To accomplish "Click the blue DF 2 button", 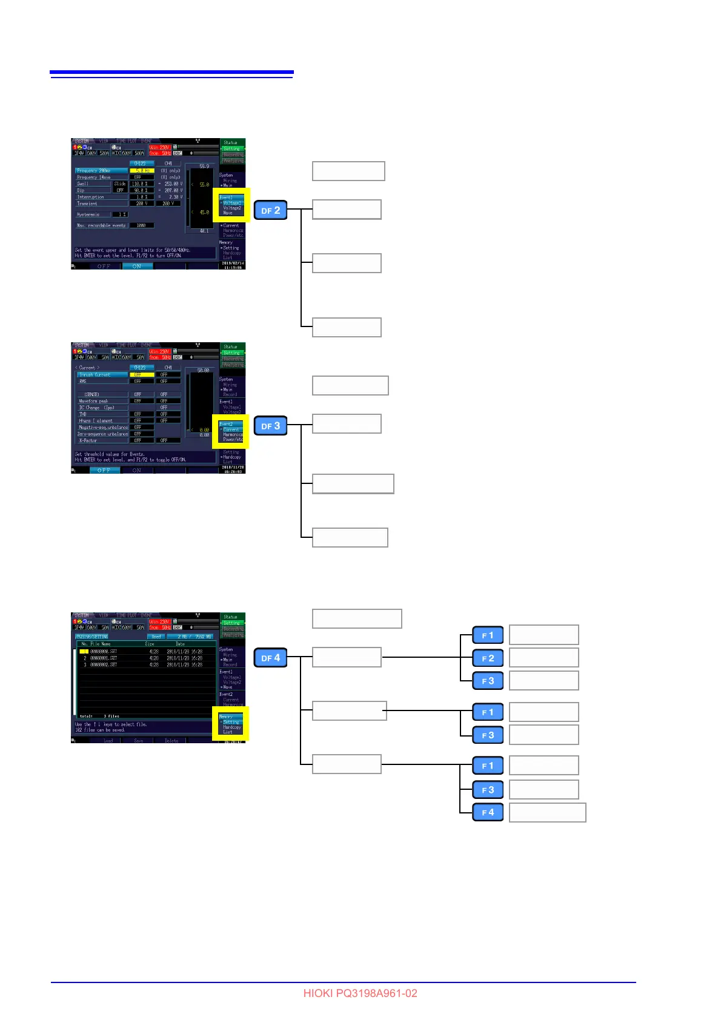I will (270, 210).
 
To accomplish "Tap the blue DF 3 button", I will (270, 426).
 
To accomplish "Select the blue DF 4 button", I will (270, 657).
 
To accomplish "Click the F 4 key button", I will (488, 812).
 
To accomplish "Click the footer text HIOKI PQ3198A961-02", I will (360, 993).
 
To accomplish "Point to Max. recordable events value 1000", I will (141, 225).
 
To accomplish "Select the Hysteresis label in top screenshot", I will (88, 214).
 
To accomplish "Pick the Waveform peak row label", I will (93, 401).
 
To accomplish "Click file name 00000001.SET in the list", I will (104, 658).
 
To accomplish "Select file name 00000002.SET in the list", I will (104, 664).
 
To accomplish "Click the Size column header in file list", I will (150, 644).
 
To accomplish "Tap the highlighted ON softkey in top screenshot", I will (137, 266).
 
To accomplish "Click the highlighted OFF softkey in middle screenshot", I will (104, 470).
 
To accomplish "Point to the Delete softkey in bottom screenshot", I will (171, 741).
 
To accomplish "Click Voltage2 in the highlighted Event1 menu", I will (232, 208).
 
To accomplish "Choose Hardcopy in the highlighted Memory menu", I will (231, 727).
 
